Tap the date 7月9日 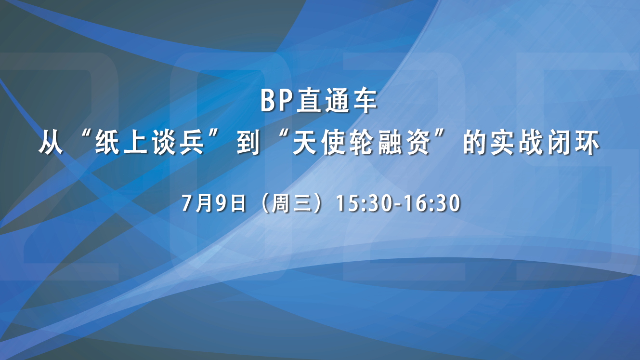214,203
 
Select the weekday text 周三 291,203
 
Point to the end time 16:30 431,203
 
